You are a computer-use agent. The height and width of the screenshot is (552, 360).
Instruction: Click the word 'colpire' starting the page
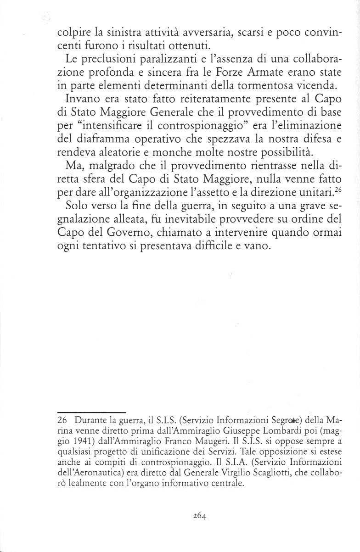74,34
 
